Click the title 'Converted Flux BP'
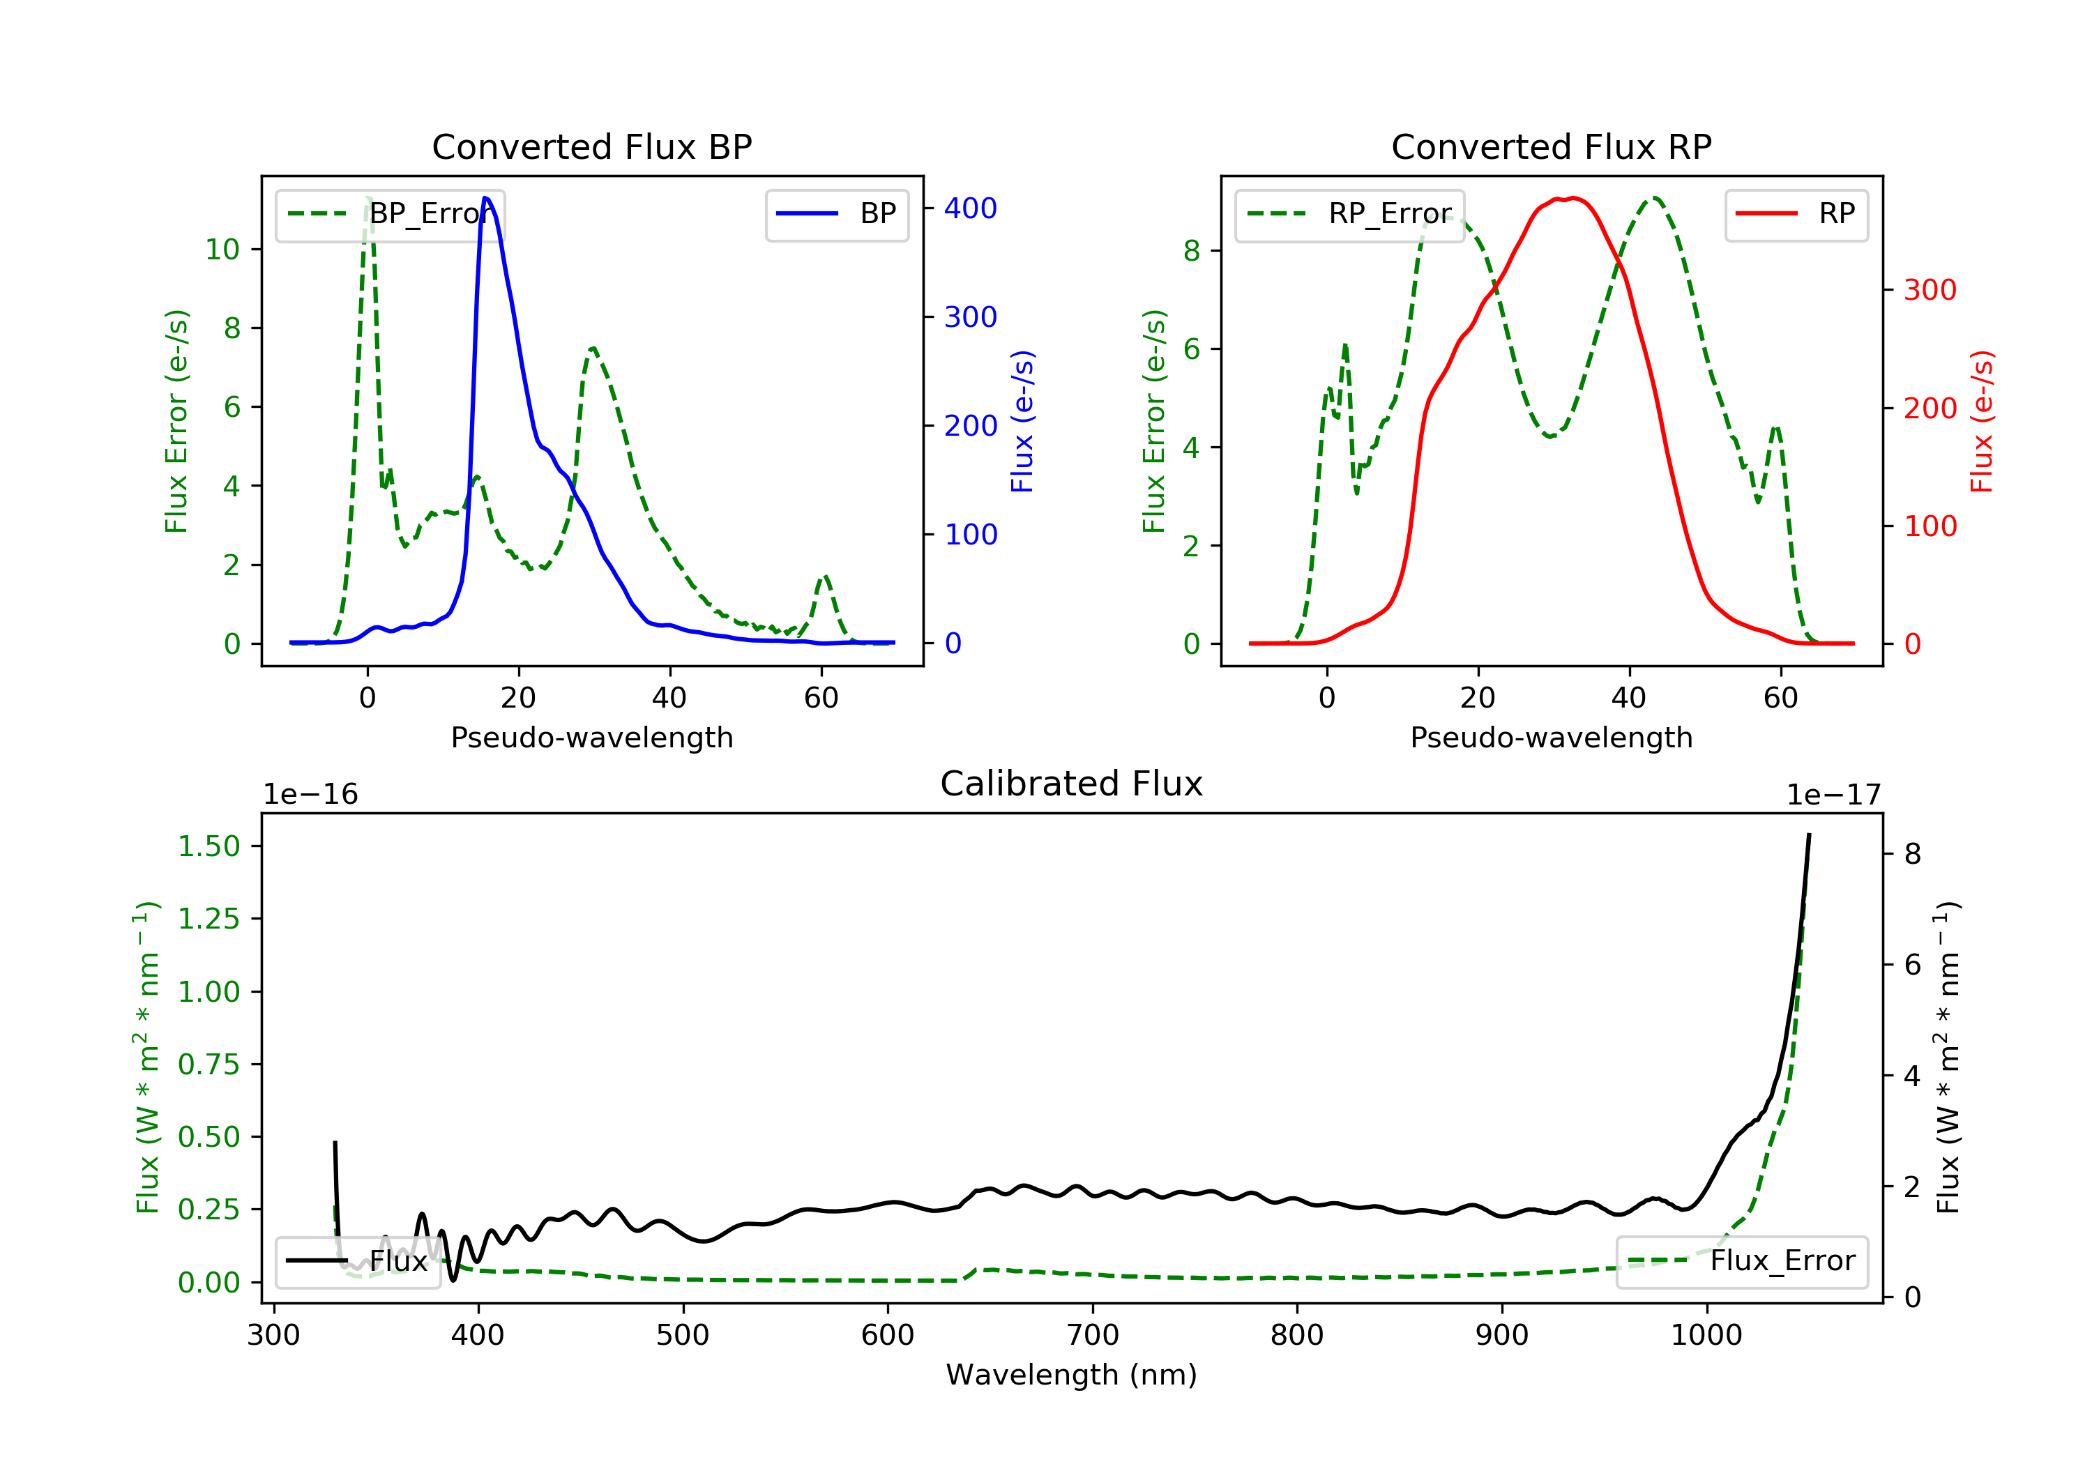[592, 146]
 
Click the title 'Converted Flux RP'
[1552, 146]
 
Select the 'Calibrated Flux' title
[1072, 784]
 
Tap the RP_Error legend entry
[1349, 215]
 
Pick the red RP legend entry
[1796, 215]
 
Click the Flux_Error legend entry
[1741, 1262]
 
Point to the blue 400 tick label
[971, 208]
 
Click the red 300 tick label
[1930, 291]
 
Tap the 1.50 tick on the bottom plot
[209, 846]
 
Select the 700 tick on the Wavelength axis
[1093, 1336]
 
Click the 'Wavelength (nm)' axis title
[1072, 1375]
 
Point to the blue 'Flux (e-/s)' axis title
[1022, 421]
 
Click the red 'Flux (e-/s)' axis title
[1982, 421]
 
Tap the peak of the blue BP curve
[485, 198]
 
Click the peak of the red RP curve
[1574, 198]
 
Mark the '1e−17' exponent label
[1833, 795]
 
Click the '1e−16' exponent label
[311, 795]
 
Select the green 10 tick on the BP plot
[222, 250]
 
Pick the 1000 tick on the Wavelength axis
[1706, 1336]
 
